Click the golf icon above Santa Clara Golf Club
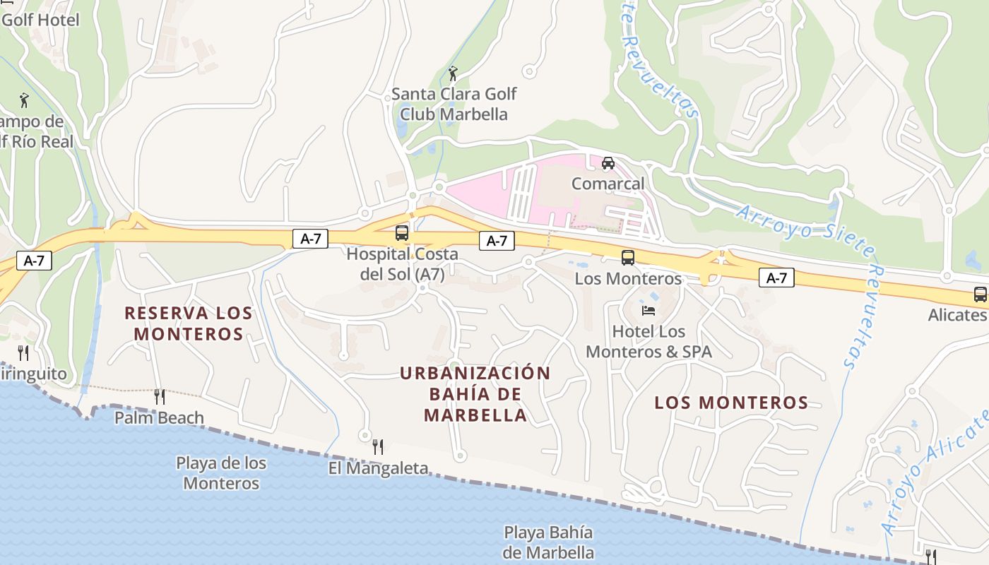(453, 73)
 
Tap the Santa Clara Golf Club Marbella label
(454, 104)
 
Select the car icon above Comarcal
(608, 163)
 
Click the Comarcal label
(608, 184)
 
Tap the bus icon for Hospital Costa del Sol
(401, 232)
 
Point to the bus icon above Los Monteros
(627, 258)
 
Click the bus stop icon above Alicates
(980, 295)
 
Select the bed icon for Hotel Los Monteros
(648, 310)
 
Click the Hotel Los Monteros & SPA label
(649, 341)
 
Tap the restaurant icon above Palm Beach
(159, 397)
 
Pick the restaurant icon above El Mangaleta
(378, 446)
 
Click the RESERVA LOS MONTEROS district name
(189, 323)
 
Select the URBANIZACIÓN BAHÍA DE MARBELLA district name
(475, 394)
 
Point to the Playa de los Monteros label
(221, 473)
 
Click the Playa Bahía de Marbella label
(548, 542)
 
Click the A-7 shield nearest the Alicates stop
(776, 278)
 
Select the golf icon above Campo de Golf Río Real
(24, 100)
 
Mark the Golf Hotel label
(40, 19)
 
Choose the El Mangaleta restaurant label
(378, 468)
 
